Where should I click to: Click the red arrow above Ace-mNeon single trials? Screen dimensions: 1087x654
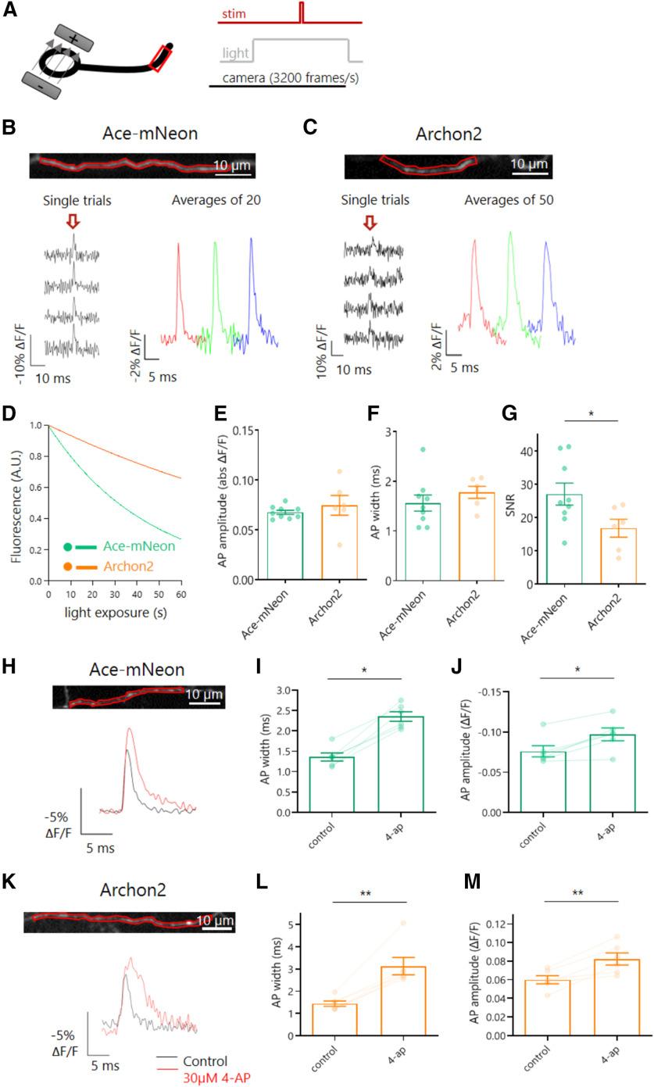pyautogui.click(x=73, y=223)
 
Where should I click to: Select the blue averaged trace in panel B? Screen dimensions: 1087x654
pyautogui.click(x=254, y=297)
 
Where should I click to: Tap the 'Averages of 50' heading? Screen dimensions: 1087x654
pyautogui.click(x=509, y=199)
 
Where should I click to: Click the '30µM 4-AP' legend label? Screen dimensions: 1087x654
pyautogui.click(x=222, y=1078)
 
